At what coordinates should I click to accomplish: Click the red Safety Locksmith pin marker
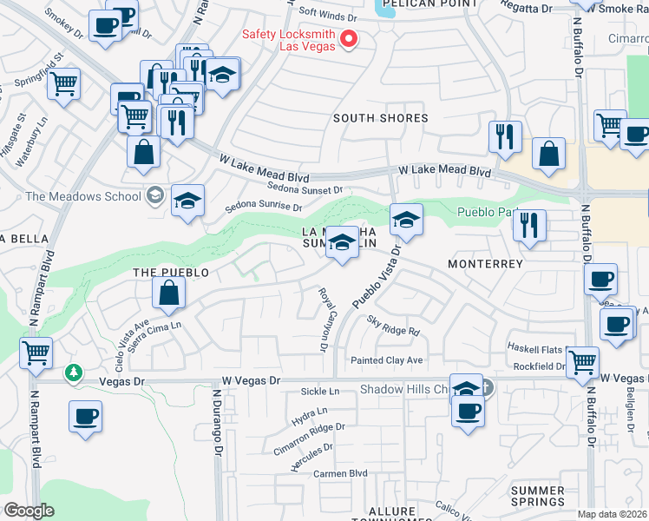point(350,39)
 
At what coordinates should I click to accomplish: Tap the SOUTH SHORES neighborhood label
point(381,118)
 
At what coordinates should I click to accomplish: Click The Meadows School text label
point(83,196)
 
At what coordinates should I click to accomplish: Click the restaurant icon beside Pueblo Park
point(528,225)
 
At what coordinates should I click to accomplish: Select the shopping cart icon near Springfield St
point(63,85)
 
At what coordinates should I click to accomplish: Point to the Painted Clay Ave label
point(386,360)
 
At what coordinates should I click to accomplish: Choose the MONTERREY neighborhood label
point(485,264)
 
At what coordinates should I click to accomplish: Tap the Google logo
point(29,511)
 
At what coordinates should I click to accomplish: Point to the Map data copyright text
point(613,514)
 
